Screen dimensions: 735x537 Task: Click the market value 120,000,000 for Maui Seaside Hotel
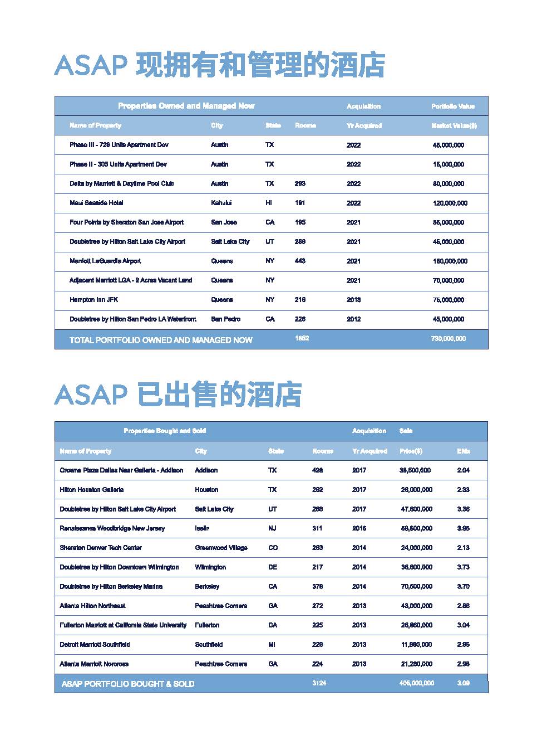point(450,203)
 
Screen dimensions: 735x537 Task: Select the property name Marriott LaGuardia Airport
point(105,261)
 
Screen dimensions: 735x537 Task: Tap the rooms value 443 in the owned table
point(300,261)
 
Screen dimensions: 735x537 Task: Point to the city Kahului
point(221,203)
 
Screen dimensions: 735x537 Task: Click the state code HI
point(269,203)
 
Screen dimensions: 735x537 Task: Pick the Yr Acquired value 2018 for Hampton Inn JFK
point(353,300)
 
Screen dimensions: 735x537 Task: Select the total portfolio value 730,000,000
point(448,339)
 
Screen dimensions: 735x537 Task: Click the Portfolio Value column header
point(452,106)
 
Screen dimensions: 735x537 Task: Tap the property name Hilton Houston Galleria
point(92,490)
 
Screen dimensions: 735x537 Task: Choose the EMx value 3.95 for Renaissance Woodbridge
point(463,528)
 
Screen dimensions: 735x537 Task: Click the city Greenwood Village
point(221,548)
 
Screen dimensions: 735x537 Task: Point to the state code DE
point(273,567)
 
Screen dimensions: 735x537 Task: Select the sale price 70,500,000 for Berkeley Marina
point(416,587)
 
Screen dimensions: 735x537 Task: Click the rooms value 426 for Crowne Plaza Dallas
point(317,470)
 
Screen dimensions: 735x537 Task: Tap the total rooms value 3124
point(319,683)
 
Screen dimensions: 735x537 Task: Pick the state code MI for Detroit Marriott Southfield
point(272,645)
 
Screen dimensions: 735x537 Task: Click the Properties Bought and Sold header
point(165,431)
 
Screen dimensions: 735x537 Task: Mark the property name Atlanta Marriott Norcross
point(94,664)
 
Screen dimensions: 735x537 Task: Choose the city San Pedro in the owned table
point(225,319)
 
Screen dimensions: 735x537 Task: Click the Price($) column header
point(411,451)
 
